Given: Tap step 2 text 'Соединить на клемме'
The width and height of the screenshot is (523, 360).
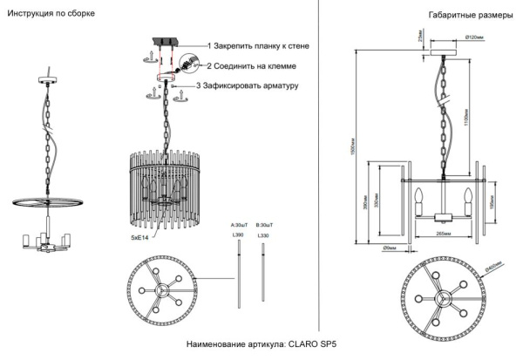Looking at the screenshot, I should point(253,65).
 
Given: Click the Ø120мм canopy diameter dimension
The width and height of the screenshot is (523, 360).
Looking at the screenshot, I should point(476,37).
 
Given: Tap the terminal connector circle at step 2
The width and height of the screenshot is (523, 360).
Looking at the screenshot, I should point(182,65).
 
